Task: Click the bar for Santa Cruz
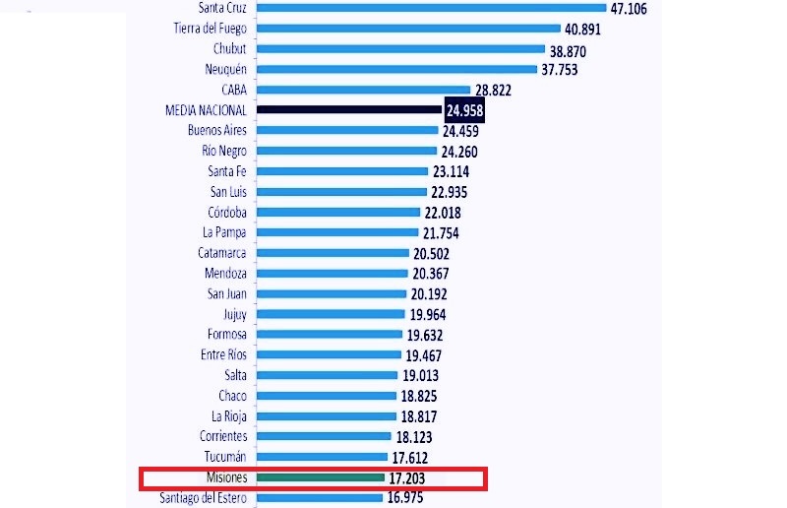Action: tap(431, 8)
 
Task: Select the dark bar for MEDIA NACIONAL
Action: tap(348, 110)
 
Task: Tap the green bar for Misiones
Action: tap(321, 477)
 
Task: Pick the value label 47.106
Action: tap(636, 8)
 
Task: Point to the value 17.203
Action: tap(412, 477)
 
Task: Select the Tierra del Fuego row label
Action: tap(210, 29)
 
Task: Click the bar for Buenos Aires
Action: tap(346, 130)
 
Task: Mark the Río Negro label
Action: tap(224, 151)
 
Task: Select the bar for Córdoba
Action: tap(338, 212)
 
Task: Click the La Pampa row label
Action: tap(224, 232)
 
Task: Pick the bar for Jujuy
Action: tap(331, 314)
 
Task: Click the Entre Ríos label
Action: tap(223, 354)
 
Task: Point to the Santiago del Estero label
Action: tap(203, 497)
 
